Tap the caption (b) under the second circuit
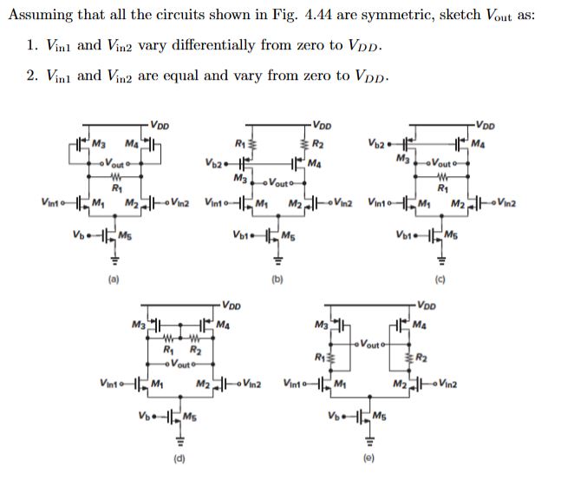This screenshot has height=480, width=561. pyautogui.click(x=279, y=279)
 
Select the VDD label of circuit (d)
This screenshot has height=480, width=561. pyautogui.click(x=232, y=305)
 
